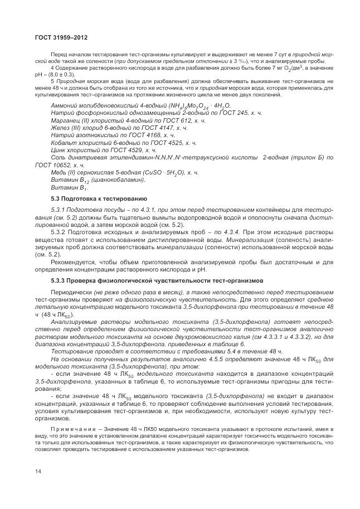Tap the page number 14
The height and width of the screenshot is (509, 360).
38,471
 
